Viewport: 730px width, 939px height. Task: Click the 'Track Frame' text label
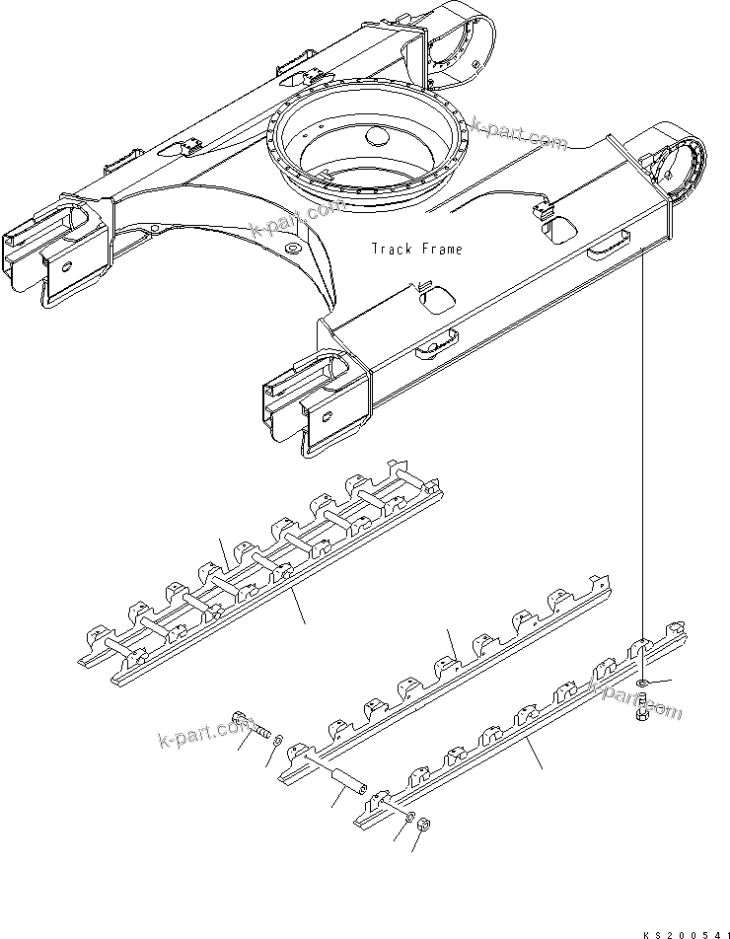(416, 250)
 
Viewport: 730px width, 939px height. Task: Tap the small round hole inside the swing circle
(379, 139)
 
